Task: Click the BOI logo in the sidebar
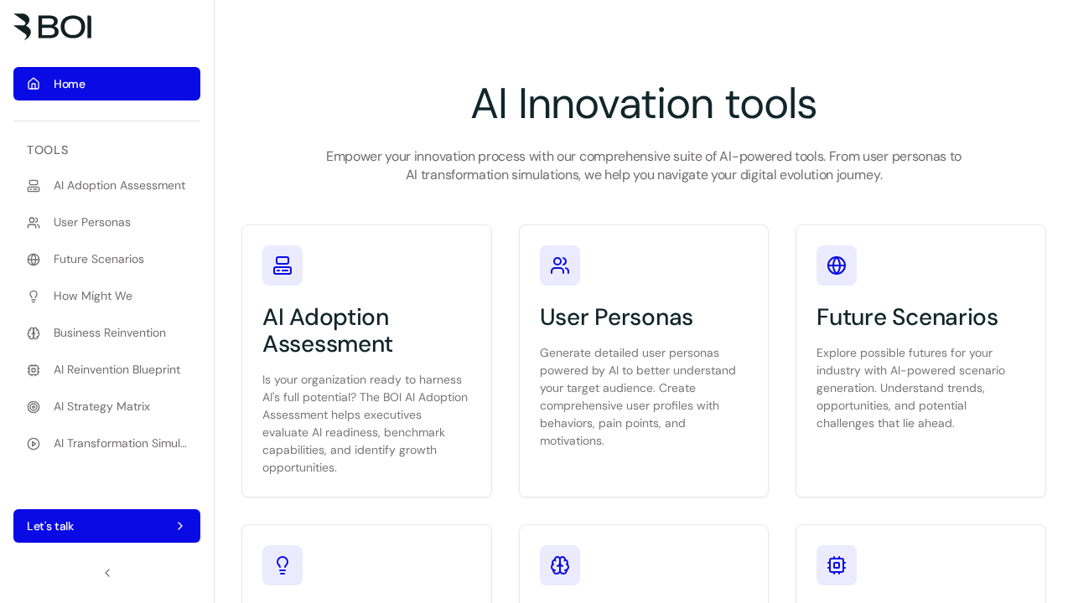pos(53,27)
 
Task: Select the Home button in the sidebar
pos(106,84)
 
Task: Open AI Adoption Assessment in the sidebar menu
pos(119,186)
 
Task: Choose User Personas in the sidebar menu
pos(92,223)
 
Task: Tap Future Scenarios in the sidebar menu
pos(99,260)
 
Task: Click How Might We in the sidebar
pos(93,296)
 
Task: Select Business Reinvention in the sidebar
pos(110,333)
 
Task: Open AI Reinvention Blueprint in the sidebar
pos(117,370)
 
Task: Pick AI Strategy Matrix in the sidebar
pos(101,407)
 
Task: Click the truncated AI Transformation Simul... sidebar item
pos(120,444)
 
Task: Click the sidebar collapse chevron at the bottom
pos(107,573)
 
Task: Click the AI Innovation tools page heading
pos(643,104)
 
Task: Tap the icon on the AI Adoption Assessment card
pos(283,265)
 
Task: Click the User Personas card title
pos(616,317)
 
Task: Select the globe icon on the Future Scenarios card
pos(837,265)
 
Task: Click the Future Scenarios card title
pos(907,317)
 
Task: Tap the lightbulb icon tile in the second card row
pos(283,565)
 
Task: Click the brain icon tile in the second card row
pos(560,565)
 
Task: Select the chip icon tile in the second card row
pos(837,565)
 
